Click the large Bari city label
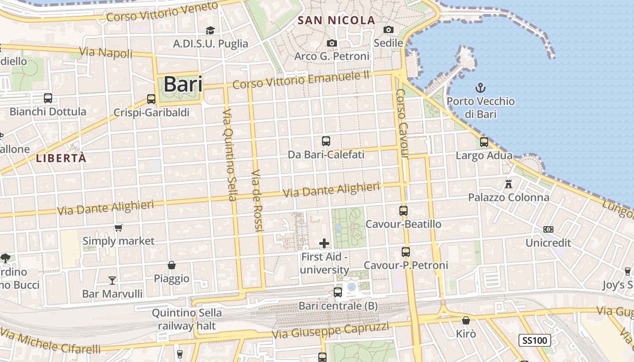point(183,85)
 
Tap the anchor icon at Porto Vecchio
point(480,87)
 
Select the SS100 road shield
point(535,340)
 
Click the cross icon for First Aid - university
point(324,243)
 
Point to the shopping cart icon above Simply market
point(118,228)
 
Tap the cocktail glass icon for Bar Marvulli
point(112,281)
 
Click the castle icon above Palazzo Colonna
point(509,184)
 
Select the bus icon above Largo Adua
point(484,142)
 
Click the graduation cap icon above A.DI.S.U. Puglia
point(210,30)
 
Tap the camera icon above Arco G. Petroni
point(332,43)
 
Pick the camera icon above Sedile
point(388,29)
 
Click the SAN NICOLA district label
point(336,20)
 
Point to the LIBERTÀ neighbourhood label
point(61,158)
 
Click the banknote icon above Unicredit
point(548,229)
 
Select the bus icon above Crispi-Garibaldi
point(151,99)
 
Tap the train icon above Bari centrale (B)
point(338,292)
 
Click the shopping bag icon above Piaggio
point(172,265)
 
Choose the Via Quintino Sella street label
point(230,155)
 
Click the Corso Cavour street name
point(402,123)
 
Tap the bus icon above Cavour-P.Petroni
point(406,252)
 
